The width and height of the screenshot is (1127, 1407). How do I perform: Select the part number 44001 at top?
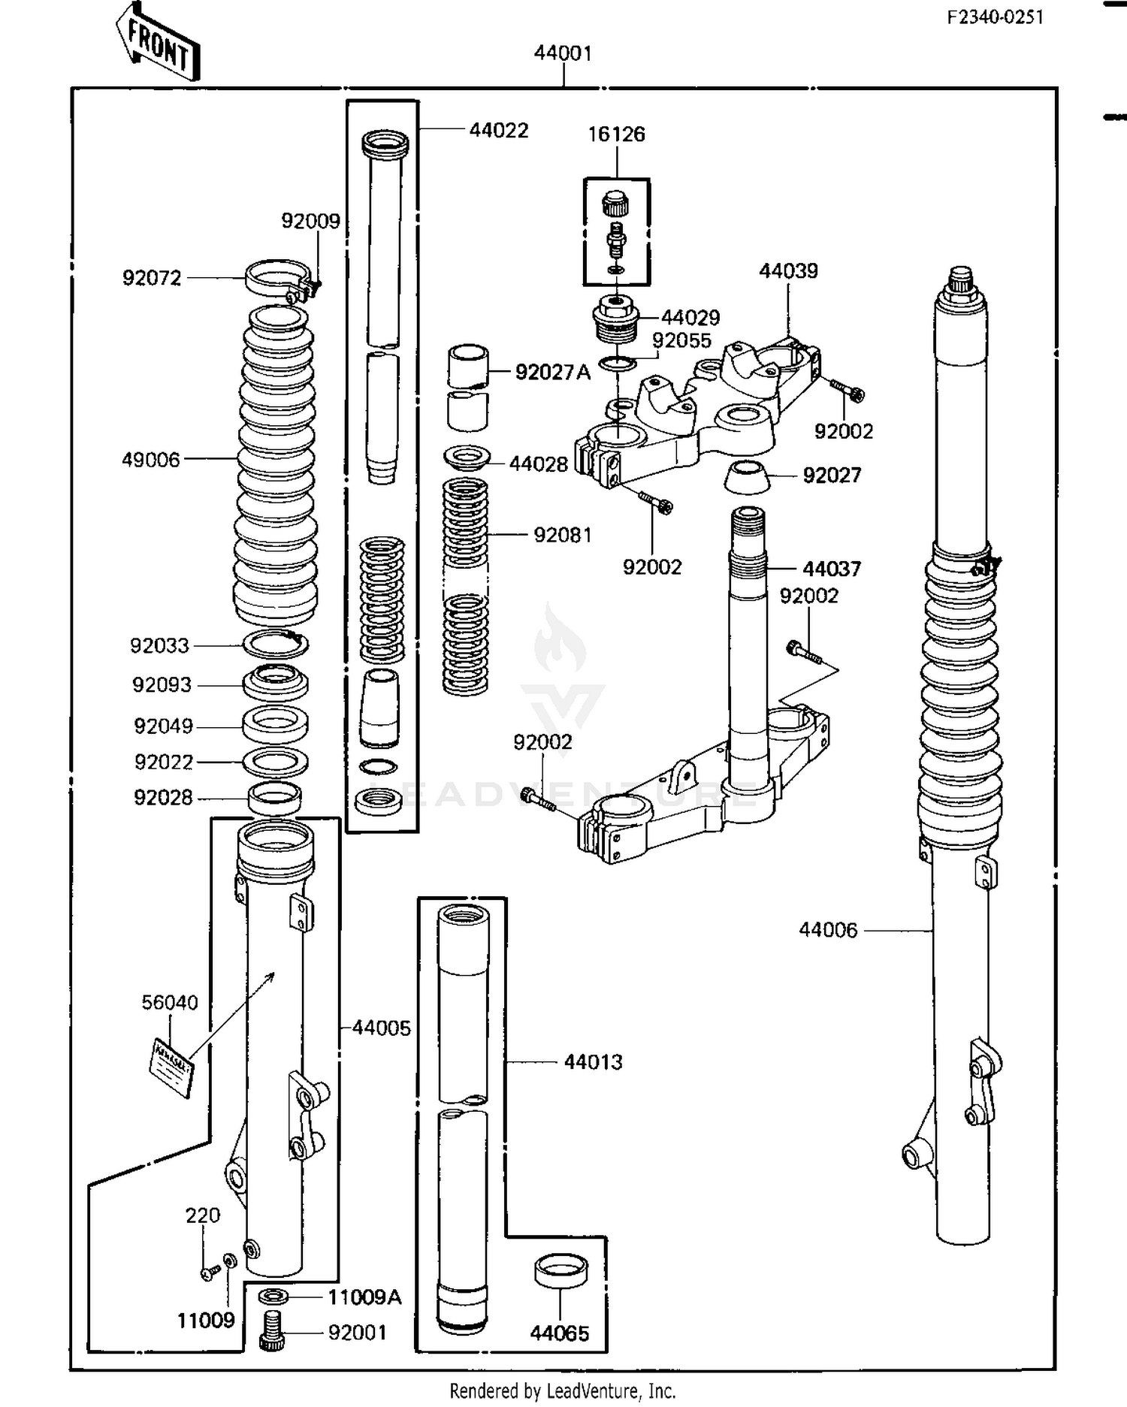[x=563, y=53]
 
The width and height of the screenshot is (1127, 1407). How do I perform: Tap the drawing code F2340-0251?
[x=995, y=17]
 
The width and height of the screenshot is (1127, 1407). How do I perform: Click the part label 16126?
[x=616, y=134]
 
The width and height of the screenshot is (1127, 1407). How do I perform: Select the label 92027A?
[x=552, y=372]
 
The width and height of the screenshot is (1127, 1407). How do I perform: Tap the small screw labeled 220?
[x=208, y=1273]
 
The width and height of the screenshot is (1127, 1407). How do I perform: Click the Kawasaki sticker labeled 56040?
[x=173, y=1067]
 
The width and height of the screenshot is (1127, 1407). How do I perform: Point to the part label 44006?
[x=828, y=930]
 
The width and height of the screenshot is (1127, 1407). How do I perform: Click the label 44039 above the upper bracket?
[x=788, y=270]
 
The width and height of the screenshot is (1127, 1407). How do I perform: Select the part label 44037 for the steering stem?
[x=831, y=569]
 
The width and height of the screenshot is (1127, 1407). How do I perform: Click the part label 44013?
[x=593, y=1061]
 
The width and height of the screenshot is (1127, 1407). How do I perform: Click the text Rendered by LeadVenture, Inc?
[x=563, y=1390]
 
